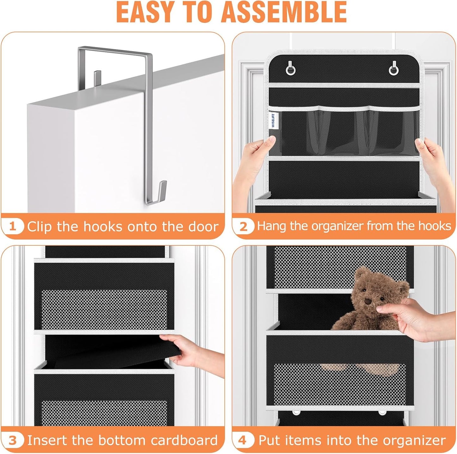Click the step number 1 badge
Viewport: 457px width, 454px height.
click(x=13, y=226)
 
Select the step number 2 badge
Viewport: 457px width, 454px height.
click(x=243, y=226)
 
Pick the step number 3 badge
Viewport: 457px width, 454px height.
click(x=13, y=441)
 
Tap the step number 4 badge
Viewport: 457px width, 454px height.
click(x=243, y=441)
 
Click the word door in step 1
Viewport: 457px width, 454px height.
click(x=203, y=226)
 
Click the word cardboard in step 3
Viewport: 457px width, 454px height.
click(x=184, y=440)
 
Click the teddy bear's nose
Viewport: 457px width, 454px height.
click(x=368, y=301)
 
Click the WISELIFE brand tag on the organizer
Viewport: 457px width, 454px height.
click(x=273, y=120)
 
